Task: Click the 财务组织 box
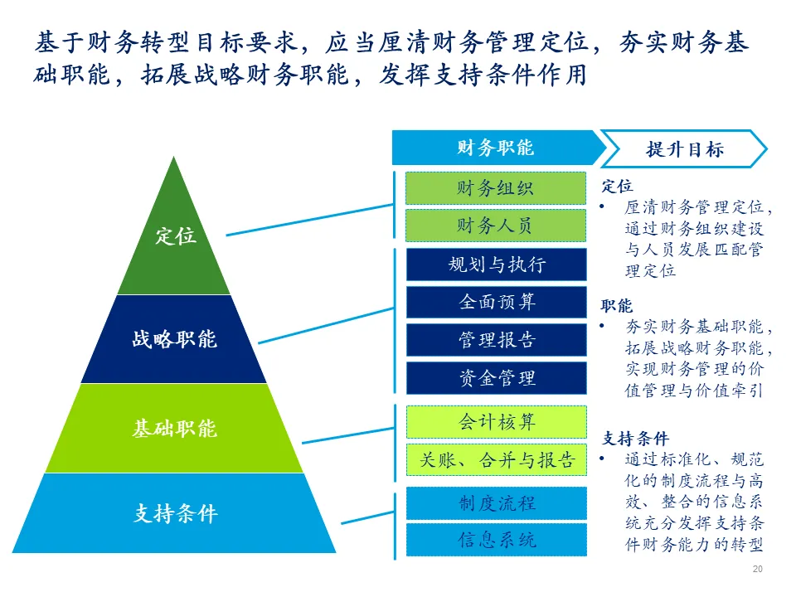click(496, 188)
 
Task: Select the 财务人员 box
click(496, 226)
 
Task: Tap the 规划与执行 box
click(496, 265)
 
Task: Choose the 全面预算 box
click(496, 302)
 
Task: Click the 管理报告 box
click(496, 340)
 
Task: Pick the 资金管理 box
click(496, 378)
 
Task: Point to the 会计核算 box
click(496, 422)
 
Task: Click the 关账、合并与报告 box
click(496, 460)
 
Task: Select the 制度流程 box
click(496, 502)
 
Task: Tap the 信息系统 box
click(496, 540)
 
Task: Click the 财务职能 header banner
click(495, 148)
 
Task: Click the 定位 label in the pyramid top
click(175, 235)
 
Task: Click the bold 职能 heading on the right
click(616, 306)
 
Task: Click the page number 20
click(757, 570)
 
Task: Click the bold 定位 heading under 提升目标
click(616, 187)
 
